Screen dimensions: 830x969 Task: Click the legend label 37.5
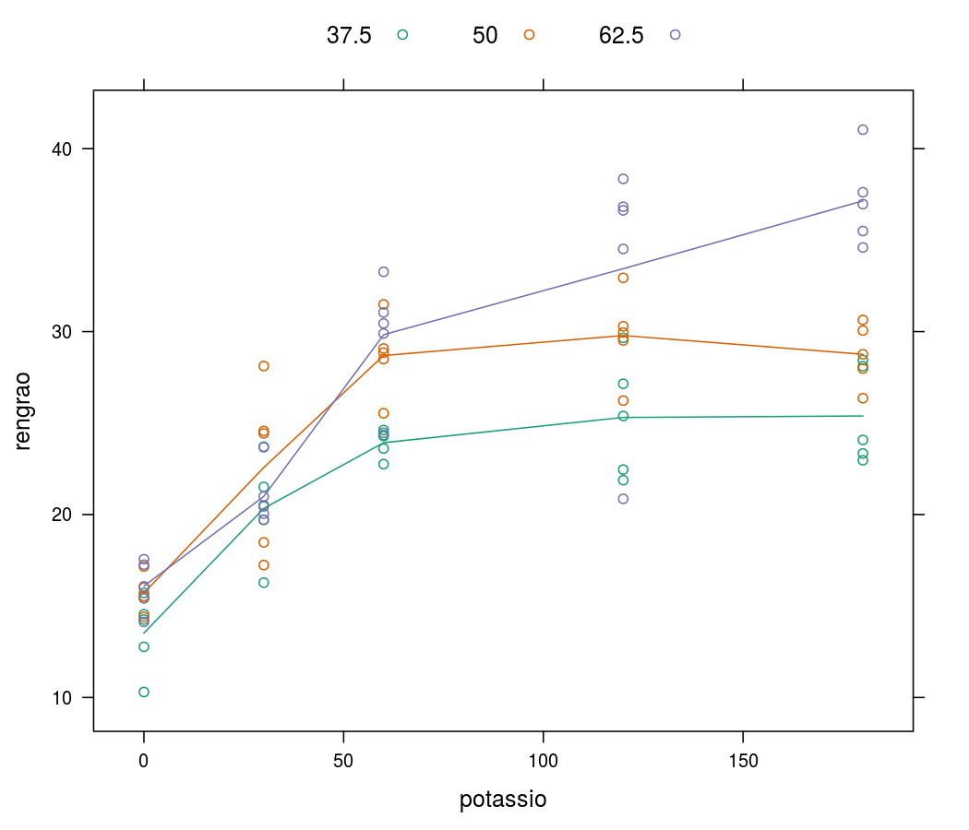349,36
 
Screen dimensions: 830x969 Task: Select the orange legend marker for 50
529,35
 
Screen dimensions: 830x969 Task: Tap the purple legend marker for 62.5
676,35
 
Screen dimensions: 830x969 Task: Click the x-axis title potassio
503,800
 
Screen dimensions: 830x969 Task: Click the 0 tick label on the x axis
144,762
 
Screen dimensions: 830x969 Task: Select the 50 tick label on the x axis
343,762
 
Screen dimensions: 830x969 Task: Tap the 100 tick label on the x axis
544,762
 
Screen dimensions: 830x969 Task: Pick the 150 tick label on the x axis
743,762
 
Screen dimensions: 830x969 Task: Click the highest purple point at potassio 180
863,130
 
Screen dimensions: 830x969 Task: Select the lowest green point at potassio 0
144,692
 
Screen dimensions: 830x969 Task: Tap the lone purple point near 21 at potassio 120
623,499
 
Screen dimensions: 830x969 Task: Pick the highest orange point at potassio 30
264,366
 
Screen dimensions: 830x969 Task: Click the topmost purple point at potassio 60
384,272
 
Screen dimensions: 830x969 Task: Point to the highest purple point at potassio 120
623,179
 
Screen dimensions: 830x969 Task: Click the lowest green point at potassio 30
264,583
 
